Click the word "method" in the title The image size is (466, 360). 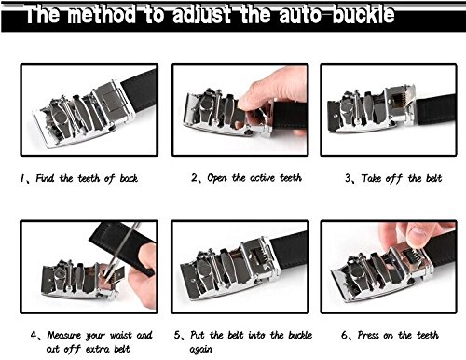click(x=102, y=15)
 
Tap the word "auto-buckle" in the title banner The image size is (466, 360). click(x=336, y=15)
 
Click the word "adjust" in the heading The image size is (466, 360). click(x=201, y=15)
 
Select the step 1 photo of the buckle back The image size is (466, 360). click(x=89, y=110)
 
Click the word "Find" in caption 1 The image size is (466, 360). click(x=45, y=178)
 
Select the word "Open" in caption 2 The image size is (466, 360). click(x=217, y=178)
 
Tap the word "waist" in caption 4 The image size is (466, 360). click(x=121, y=335)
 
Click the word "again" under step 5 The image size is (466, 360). click(x=201, y=350)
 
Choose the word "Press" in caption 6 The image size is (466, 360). click(x=368, y=335)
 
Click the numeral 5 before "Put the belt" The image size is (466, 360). click(x=177, y=335)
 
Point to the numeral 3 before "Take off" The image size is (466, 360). click(x=348, y=178)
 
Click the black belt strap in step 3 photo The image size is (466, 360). click(x=436, y=109)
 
